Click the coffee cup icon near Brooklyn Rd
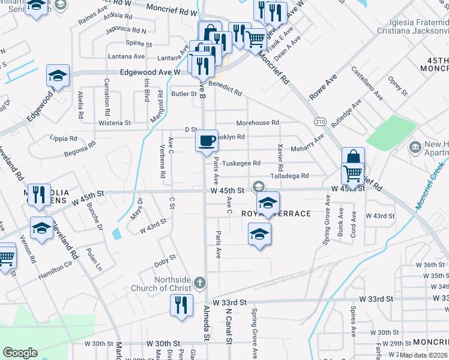[x=207, y=141]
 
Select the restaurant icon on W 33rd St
[x=181, y=305]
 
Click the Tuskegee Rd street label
[x=241, y=163]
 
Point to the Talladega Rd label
[x=289, y=176]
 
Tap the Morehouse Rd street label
[x=258, y=122]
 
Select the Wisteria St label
[x=115, y=123]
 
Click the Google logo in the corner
[x=20, y=353]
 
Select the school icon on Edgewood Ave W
[x=58, y=76]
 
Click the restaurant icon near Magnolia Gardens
[x=39, y=194]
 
